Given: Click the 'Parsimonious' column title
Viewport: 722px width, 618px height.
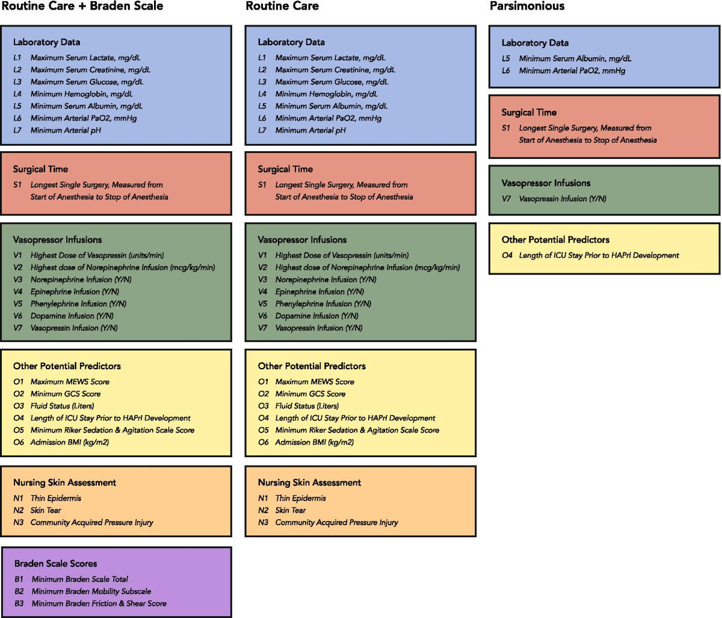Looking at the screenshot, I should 527,7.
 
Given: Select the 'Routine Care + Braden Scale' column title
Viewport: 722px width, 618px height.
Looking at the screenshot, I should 82,7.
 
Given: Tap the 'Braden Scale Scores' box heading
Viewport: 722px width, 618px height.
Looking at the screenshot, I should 55,564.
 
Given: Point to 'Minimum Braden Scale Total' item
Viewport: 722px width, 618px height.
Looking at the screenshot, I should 79,579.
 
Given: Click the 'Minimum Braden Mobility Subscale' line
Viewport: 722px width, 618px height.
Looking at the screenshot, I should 91,591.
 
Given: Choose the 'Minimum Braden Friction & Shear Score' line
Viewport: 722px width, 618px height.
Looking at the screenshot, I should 99,604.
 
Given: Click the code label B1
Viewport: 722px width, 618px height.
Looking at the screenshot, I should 19,579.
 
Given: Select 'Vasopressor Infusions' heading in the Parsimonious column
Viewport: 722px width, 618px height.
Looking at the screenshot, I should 546,183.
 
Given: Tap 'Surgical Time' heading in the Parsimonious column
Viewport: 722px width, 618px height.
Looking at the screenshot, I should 529,113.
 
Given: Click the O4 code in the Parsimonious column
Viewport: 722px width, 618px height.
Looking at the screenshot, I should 507,255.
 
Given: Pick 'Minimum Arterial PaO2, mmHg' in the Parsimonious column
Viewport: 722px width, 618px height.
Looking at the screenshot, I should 572,70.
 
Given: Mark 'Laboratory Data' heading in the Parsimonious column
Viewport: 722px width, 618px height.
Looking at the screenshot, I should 535,43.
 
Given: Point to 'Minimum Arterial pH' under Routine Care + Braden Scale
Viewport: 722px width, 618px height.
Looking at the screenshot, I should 66,130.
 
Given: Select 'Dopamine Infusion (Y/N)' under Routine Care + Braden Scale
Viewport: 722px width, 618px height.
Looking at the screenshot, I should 72,316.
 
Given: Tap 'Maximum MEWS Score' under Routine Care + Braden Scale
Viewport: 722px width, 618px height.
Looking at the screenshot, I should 70,382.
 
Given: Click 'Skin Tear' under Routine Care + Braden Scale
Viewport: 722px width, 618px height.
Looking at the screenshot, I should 46,510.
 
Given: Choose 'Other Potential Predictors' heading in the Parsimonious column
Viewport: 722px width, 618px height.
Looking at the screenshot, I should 555,240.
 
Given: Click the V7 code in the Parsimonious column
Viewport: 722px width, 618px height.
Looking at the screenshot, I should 507,199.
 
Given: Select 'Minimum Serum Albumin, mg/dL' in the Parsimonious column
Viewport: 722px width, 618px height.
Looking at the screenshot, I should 575,58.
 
